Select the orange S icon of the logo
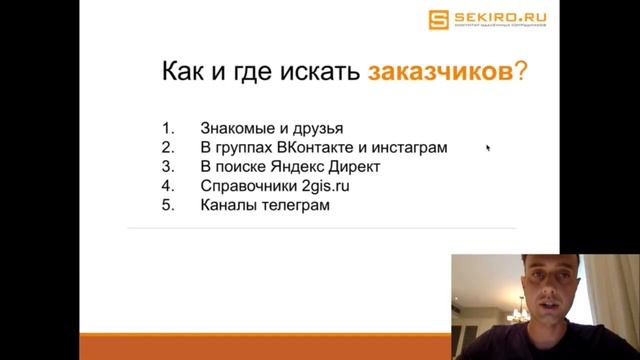click(x=436, y=19)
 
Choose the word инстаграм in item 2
click(x=412, y=147)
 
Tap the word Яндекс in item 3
click(x=295, y=166)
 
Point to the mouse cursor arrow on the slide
click(x=488, y=148)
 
